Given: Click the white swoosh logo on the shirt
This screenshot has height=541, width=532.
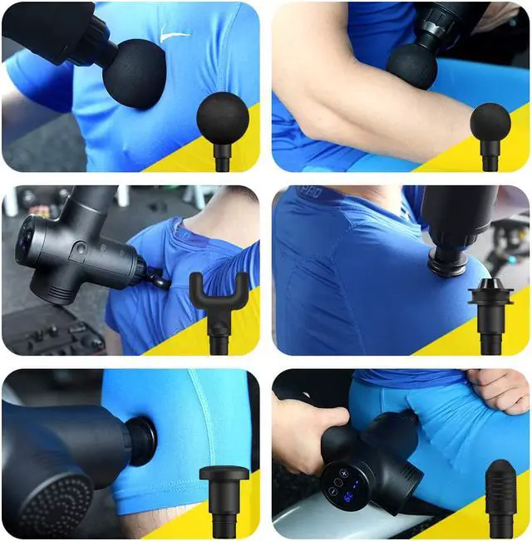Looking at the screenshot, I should pos(175,36).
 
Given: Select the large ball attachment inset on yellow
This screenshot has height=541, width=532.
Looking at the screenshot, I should pos(223,119).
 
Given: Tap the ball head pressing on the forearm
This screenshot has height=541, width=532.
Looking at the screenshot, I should pos(412,66).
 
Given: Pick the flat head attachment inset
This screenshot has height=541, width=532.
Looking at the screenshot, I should pos(224,479).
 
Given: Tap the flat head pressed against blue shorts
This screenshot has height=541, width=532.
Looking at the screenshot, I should pos(142,441).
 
